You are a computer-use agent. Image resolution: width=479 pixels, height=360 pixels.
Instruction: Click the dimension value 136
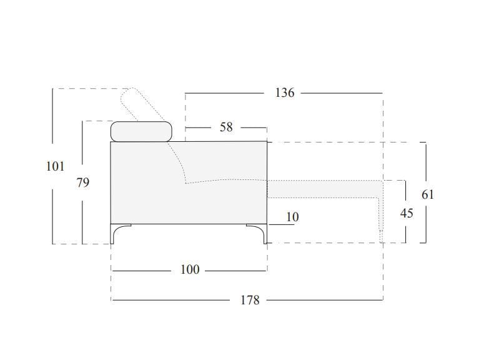285,92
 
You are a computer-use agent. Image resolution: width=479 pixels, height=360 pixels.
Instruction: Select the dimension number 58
226,127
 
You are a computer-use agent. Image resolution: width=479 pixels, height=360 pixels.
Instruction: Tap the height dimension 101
56,166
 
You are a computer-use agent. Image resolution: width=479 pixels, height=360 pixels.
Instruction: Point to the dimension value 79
83,182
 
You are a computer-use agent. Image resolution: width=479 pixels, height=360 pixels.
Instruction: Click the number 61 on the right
428,194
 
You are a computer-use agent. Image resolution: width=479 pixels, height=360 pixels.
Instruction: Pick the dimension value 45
407,213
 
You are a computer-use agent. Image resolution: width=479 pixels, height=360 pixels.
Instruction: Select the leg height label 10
292,217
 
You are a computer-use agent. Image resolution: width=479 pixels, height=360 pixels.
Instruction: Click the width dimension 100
190,269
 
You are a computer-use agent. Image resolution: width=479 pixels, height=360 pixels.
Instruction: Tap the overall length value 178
250,300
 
